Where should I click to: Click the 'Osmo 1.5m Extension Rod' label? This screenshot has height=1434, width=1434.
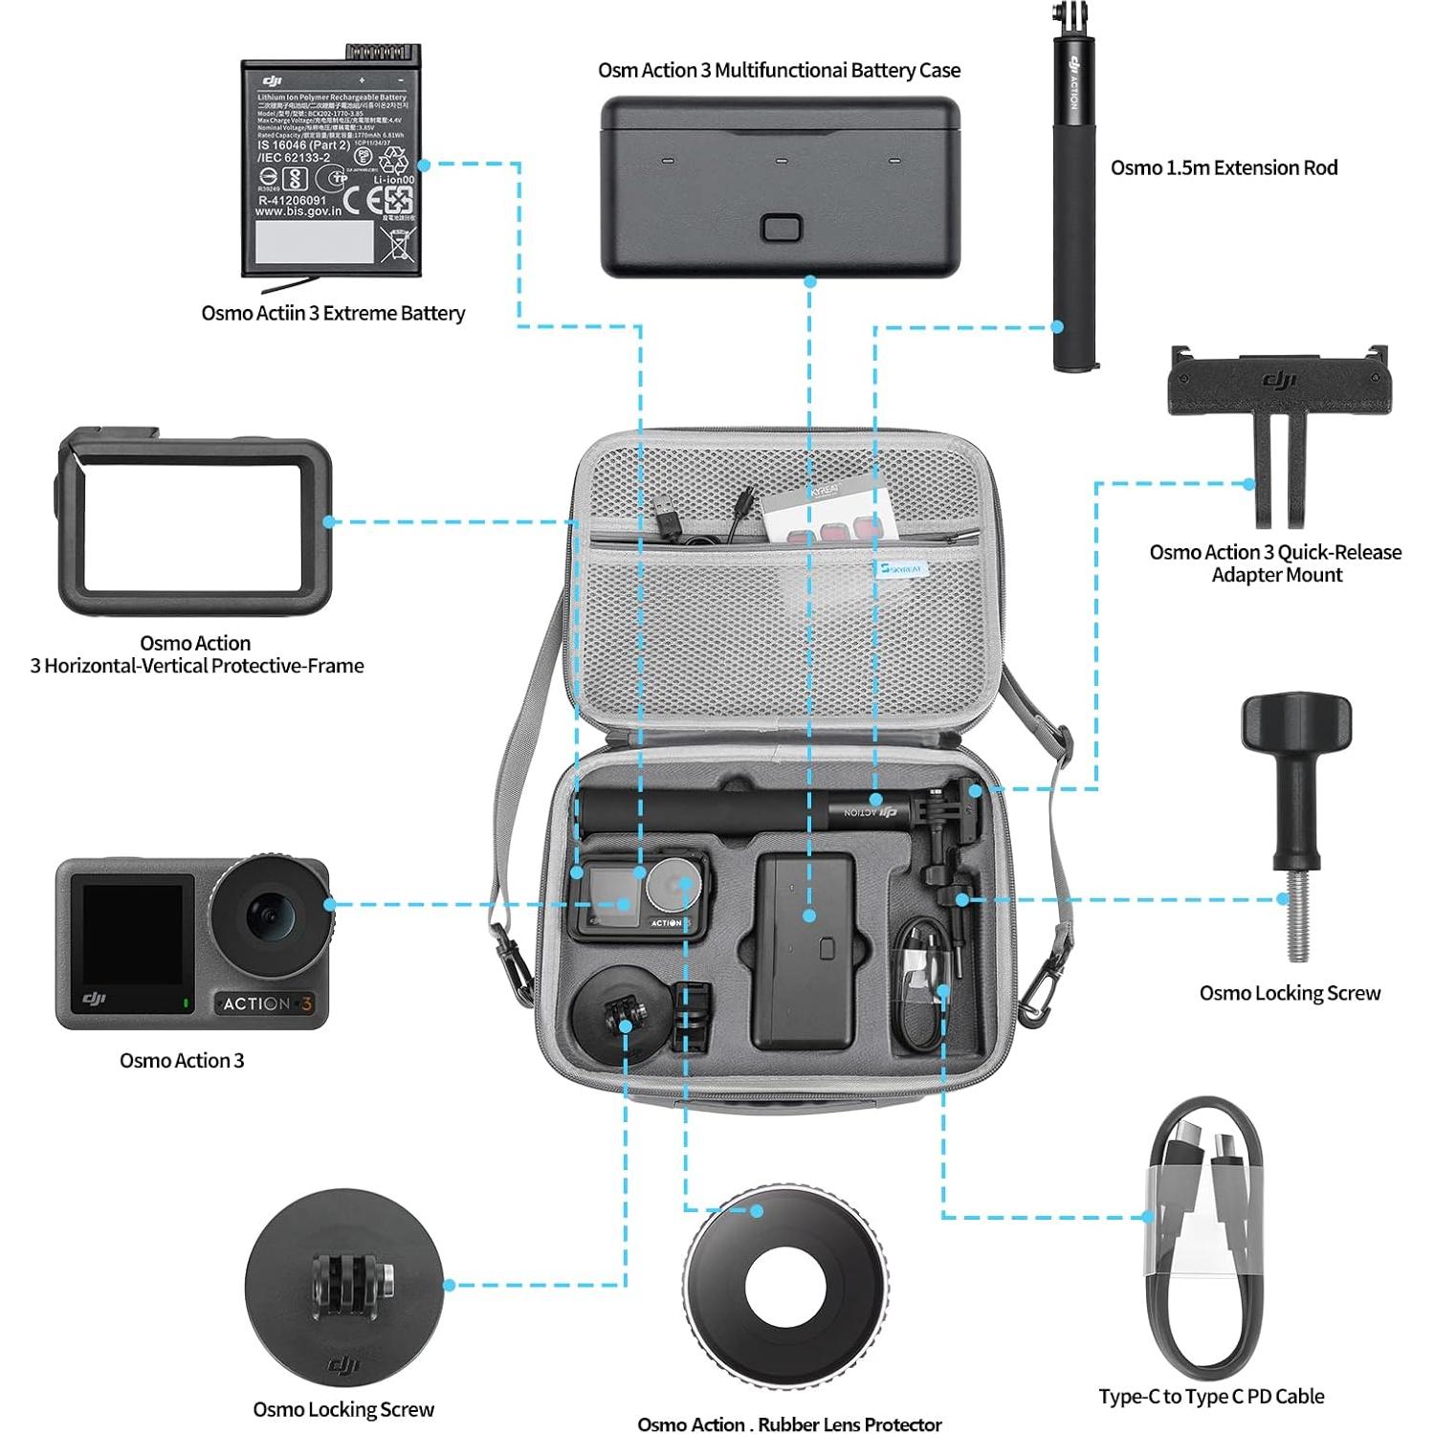coord(1224,167)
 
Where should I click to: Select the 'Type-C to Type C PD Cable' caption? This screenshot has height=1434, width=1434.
coord(1211,1396)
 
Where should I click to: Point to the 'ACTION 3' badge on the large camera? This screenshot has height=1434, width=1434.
coord(267,1004)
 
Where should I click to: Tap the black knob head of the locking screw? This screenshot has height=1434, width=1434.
coord(1296,723)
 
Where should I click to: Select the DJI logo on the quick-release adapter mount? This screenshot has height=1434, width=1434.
coord(1279,381)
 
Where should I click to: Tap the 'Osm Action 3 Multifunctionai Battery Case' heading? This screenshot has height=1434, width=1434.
coord(779,70)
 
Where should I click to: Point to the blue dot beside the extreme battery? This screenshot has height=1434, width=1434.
coord(424,165)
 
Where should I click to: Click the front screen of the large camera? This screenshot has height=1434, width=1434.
coord(132,935)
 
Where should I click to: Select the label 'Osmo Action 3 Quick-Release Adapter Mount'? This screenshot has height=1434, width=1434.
coord(1275,563)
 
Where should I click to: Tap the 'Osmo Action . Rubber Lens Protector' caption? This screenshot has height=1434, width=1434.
coord(789,1424)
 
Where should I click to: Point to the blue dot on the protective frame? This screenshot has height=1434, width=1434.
coord(328,521)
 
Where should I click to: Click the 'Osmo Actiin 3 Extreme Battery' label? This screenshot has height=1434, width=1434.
coord(333,313)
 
